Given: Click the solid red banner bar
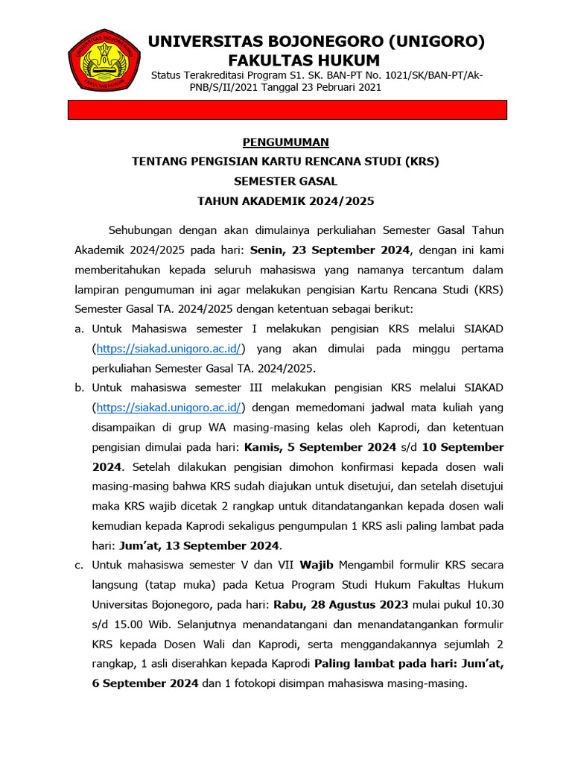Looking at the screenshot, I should click(x=287, y=110).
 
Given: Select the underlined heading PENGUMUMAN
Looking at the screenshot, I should click(x=286, y=142).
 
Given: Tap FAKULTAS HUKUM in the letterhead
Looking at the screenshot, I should click(x=303, y=60).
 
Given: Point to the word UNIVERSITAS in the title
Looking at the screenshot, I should click(x=195, y=42).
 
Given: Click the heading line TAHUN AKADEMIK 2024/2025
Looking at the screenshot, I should click(x=286, y=200).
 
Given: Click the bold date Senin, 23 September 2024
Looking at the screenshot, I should click(x=331, y=248).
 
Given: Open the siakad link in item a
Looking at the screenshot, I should click(x=170, y=348).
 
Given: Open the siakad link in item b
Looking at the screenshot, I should click(x=170, y=407).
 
